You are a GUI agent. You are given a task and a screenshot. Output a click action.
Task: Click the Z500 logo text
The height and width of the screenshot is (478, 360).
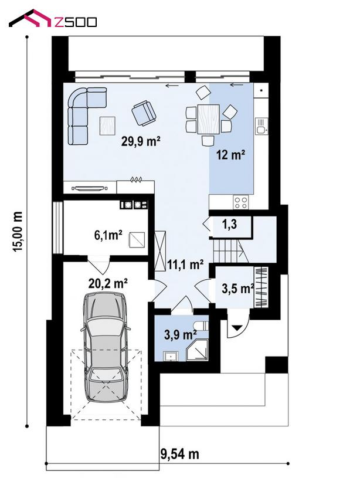pyautogui.click(x=75, y=22)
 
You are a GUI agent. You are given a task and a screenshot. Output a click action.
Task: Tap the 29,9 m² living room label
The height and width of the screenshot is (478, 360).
pyautogui.click(x=141, y=141)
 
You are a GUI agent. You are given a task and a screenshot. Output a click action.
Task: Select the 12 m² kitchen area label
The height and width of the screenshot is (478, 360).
pyautogui.click(x=230, y=155)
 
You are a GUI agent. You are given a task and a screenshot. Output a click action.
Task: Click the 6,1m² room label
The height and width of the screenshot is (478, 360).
pyautogui.click(x=108, y=235)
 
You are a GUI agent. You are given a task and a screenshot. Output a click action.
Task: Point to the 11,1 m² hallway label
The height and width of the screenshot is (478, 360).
pyautogui.click(x=185, y=265)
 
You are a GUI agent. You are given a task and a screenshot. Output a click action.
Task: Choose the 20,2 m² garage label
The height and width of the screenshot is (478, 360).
pyautogui.click(x=108, y=283)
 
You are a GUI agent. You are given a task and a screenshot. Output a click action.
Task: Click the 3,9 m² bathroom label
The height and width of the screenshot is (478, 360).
pyautogui.click(x=180, y=334)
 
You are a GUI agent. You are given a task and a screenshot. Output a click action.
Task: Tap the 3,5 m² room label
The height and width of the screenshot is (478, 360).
pyautogui.click(x=238, y=289)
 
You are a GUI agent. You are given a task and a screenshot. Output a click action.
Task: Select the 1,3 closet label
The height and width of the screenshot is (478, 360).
pyautogui.click(x=229, y=225)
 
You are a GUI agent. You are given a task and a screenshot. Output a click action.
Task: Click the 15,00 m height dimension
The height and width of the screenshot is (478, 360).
pyautogui.click(x=18, y=232)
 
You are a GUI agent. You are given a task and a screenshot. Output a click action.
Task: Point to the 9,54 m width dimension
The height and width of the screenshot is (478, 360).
pyautogui.click(x=179, y=454)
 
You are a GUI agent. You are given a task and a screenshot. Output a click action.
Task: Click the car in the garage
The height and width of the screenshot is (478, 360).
pyautogui.click(x=105, y=347)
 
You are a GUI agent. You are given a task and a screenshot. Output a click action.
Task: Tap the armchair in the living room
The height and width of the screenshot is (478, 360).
pyautogui.click(x=144, y=113)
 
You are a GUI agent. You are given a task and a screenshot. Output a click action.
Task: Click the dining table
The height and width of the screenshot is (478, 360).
pyautogui.click(x=209, y=119)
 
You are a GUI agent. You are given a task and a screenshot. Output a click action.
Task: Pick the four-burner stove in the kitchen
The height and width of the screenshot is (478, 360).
pyautogui.click(x=241, y=202)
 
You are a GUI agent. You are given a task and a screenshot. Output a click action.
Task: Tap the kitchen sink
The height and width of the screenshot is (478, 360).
pyautogui.click(x=261, y=126)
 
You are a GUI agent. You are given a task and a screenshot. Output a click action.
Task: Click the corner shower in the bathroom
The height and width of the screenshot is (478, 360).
pyautogui.click(x=197, y=350)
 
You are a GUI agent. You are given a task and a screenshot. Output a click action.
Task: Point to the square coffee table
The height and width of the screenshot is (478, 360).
pyautogui.click(x=107, y=126)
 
